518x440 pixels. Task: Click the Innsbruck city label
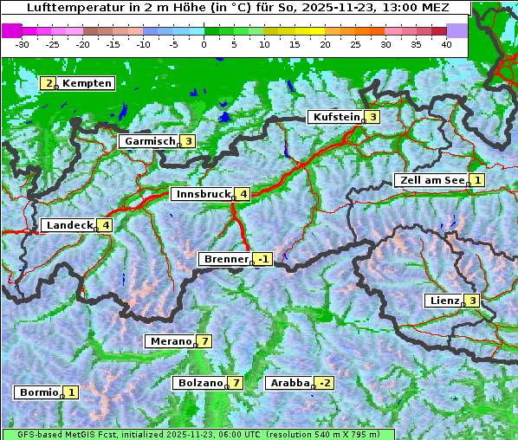tap(200, 194)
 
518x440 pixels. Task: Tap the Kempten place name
tap(87, 83)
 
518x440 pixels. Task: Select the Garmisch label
tap(148, 141)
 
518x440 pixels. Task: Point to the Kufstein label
tap(334, 117)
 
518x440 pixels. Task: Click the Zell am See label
tap(430, 180)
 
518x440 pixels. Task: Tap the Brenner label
tap(224, 259)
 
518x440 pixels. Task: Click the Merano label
tap(169, 341)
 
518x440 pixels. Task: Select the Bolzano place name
tap(199, 383)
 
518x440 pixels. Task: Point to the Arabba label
tap(288, 383)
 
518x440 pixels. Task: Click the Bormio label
tap(37, 392)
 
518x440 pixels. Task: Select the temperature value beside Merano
tap(204, 341)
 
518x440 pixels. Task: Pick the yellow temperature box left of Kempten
tap(49, 83)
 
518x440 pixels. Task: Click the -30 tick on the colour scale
tap(23, 43)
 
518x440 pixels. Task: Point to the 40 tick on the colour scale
tap(446, 43)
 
